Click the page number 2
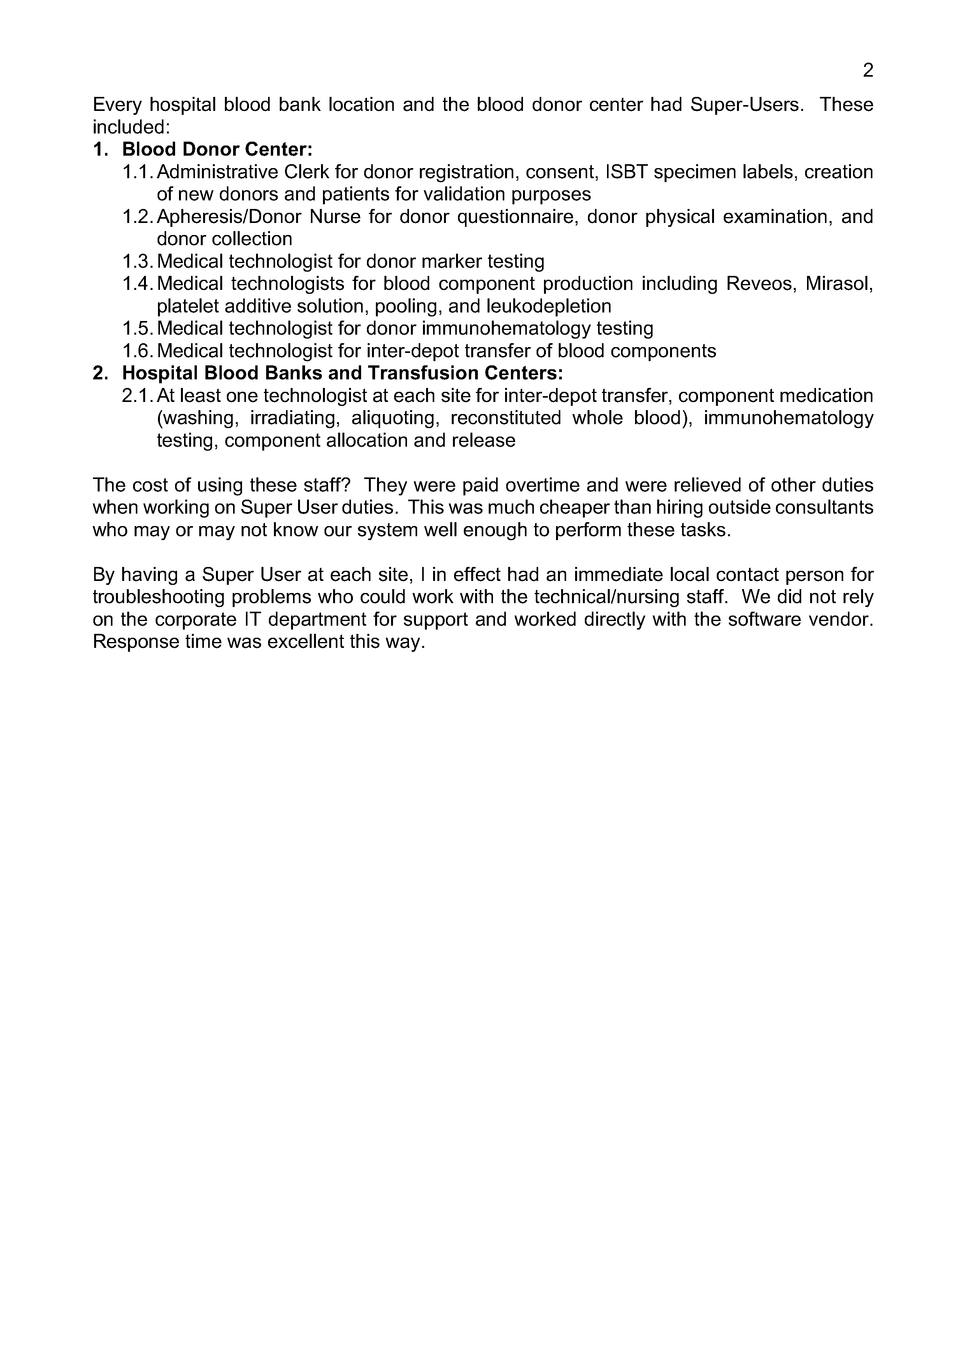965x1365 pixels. click(x=867, y=71)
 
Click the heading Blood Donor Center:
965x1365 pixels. click(x=217, y=149)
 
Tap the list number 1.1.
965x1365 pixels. click(x=138, y=172)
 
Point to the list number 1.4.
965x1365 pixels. click(x=138, y=284)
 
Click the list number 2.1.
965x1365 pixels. click(x=138, y=395)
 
